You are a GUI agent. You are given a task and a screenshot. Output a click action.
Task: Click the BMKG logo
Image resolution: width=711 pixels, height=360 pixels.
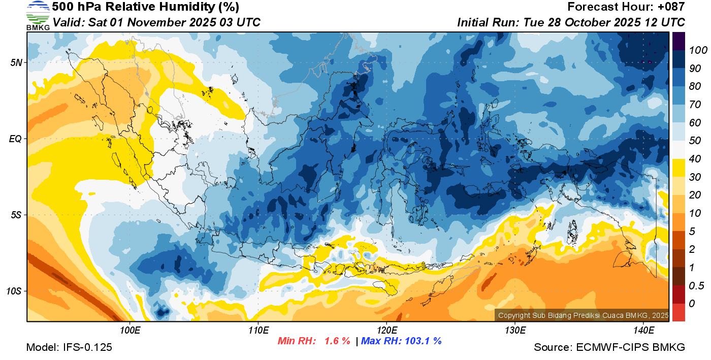coord(38,15)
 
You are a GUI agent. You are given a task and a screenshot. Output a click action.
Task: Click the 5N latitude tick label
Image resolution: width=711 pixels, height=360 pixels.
coord(16,62)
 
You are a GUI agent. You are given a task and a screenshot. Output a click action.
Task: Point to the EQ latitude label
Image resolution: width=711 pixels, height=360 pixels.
coord(15,139)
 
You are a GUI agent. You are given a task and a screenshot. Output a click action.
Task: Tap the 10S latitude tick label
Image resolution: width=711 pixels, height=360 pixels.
coord(14,291)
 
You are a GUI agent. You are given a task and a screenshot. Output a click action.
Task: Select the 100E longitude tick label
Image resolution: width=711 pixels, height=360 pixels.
coord(130,331)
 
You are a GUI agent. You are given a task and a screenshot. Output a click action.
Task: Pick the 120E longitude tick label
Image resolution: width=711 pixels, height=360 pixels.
coord(386,331)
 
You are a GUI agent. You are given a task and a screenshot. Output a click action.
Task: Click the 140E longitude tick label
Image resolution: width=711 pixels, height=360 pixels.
coord(643,331)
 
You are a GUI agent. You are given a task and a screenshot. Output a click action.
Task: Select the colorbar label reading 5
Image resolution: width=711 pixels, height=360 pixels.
coord(692,231)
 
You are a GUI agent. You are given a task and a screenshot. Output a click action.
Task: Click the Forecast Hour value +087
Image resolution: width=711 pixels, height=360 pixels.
coord(670,7)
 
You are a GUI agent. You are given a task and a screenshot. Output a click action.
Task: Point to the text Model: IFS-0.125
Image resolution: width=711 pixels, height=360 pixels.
coord(69,347)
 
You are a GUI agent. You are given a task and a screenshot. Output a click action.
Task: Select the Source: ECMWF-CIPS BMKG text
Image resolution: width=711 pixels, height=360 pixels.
coord(609,347)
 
